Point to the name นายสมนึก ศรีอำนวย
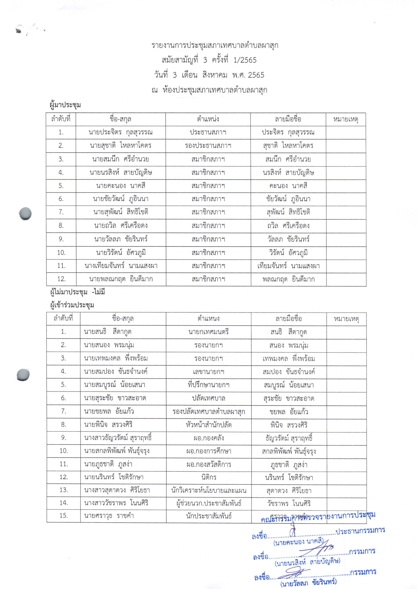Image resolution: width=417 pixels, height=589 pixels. click(120, 159)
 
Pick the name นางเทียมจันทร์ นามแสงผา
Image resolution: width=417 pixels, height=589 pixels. click(121, 266)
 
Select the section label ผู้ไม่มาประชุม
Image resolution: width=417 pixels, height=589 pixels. click(69, 292)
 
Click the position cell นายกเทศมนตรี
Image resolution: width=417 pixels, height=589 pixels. click(209, 332)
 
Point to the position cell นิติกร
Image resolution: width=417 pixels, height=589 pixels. click(209, 477)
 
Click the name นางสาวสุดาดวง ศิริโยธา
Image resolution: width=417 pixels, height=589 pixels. click(117, 490)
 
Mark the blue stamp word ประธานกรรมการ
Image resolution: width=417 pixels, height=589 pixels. click(360, 531)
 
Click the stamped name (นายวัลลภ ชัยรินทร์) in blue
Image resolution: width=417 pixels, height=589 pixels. click(308, 583)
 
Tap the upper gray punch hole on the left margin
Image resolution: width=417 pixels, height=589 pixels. click(26, 213)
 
